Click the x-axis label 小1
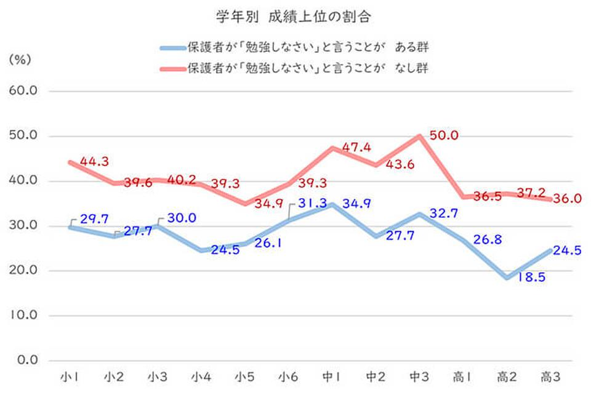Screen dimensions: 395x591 coord(69,376)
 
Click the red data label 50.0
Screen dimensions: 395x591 coord(444,136)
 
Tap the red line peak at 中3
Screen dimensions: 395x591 coord(419,136)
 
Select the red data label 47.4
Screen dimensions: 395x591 coord(356,148)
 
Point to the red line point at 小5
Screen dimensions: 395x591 coord(244,204)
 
